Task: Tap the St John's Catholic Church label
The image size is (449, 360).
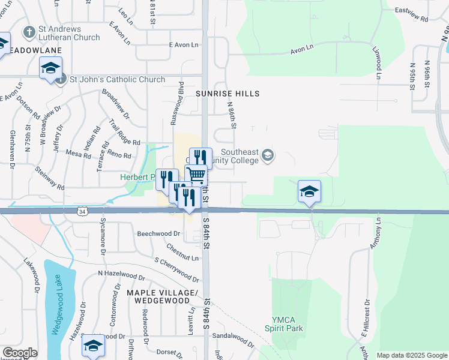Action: pyautogui.click(x=117, y=79)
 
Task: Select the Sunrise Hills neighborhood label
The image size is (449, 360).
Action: pyautogui.click(x=228, y=94)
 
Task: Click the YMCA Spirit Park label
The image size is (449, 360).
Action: pyautogui.click(x=284, y=324)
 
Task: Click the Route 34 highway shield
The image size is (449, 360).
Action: pyautogui.click(x=82, y=211)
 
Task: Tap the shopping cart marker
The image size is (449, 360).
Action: pyautogui.click(x=196, y=175)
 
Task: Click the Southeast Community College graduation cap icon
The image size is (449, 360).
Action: pyautogui.click(x=268, y=157)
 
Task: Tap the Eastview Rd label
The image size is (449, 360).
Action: pyautogui.click(x=412, y=15)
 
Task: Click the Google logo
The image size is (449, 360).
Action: pyautogui.click(x=20, y=353)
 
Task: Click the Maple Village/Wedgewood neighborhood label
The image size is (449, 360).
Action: pyautogui.click(x=162, y=296)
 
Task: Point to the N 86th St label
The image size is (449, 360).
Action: pyautogui.click(x=232, y=115)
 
